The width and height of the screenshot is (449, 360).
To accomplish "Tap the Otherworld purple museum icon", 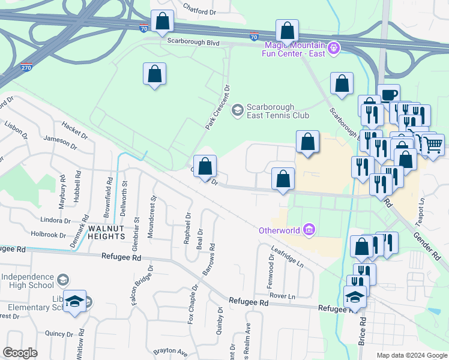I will coord(309,229).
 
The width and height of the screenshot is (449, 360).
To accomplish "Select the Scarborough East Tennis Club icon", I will coord(238,109).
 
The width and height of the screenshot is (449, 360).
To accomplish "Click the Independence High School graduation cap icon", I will coord(62,280).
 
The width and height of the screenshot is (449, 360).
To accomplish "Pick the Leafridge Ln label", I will coord(288,257).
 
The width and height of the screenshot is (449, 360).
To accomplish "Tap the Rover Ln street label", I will coord(283,296).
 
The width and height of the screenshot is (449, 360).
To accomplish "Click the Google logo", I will coord(20,353).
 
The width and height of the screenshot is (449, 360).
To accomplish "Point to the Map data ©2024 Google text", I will coord(411,355).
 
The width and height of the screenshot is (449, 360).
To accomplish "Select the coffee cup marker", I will coord(388,95).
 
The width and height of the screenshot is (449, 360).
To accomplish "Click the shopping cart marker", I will coord(433,143).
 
